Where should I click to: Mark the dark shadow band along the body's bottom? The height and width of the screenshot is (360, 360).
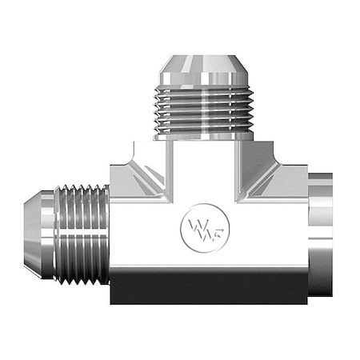point(208,288)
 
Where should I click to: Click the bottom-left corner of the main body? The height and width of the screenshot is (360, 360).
point(113,301)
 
